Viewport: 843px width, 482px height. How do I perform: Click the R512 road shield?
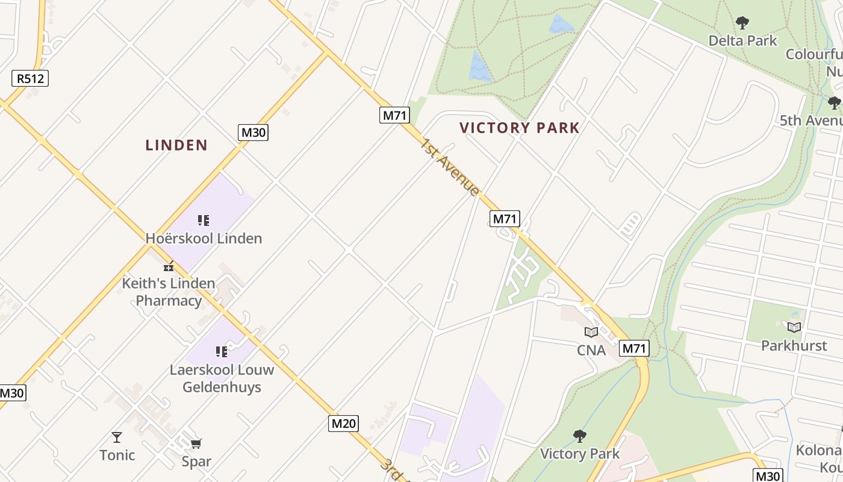point(30,78)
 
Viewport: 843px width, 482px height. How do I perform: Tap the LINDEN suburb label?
point(176,145)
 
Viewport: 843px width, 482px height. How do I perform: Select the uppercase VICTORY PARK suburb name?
point(519,128)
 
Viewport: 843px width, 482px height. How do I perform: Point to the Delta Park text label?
point(742,41)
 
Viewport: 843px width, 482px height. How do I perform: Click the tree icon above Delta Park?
point(742,23)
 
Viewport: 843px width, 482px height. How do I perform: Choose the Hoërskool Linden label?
point(204,239)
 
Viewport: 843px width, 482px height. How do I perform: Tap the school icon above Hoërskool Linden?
point(204,221)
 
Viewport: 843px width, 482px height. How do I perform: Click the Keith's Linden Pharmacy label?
point(169,292)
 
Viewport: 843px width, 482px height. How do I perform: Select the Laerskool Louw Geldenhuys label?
point(222,378)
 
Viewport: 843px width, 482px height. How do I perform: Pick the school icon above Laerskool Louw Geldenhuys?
point(222,351)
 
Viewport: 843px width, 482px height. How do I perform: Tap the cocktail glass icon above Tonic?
point(117,437)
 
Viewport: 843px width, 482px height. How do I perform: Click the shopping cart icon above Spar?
point(196,444)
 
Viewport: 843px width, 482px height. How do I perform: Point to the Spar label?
point(196,462)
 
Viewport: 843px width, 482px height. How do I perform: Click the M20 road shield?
point(344,424)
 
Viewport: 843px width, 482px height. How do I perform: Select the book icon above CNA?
point(591,332)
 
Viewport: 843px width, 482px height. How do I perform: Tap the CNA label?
point(591,350)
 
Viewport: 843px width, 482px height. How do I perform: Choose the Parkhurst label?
point(794,346)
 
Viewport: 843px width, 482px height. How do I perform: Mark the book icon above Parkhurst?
point(794,327)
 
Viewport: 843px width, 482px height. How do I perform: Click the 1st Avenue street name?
point(450,167)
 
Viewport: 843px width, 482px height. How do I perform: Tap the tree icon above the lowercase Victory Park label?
point(579,436)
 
